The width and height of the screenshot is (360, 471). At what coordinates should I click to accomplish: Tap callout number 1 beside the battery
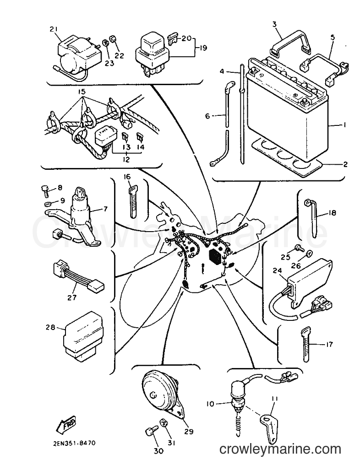pyautogui.click(x=344, y=125)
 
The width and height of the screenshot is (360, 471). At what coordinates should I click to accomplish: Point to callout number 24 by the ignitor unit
pyautogui.click(x=278, y=271)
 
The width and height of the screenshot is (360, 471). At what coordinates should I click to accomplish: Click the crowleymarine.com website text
pyautogui.click(x=280, y=449)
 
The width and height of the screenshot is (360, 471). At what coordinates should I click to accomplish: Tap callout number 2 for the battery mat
pyautogui.click(x=345, y=164)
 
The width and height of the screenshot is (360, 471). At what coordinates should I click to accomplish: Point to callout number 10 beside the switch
pyautogui.click(x=210, y=404)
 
